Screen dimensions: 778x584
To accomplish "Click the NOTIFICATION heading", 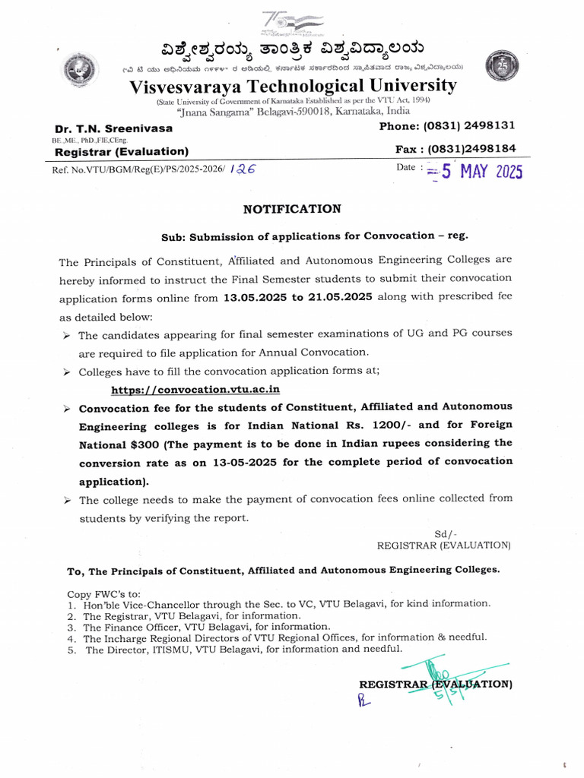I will (x=292, y=209).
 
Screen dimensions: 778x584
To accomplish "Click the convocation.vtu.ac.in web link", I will (x=195, y=389).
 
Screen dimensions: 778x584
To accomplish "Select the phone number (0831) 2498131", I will (x=468, y=125).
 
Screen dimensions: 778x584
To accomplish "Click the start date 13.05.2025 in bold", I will (x=255, y=297).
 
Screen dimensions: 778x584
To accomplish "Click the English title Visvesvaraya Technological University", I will (x=294, y=85).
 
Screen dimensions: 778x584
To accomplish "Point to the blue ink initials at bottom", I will (x=363, y=700).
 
